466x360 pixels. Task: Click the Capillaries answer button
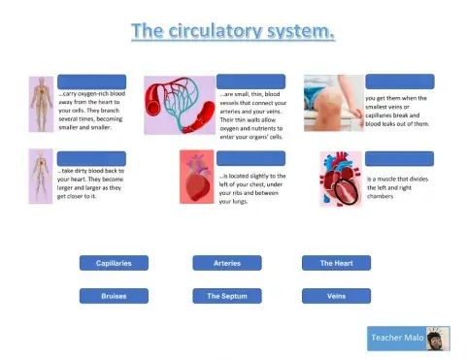coord(114,263)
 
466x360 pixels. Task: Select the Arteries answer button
coord(227,263)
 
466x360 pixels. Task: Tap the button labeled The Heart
coord(336,263)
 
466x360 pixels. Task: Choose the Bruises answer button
coord(114,296)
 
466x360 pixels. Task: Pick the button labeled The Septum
coord(227,296)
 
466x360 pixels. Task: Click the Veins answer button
coord(336,296)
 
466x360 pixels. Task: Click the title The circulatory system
coord(233,32)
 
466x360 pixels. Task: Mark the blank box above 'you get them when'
coord(399,82)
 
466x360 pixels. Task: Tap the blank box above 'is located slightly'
coord(250,158)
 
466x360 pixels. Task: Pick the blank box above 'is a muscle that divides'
coord(399,158)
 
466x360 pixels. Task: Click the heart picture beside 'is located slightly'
coord(197,178)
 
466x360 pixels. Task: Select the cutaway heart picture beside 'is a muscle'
coord(340,179)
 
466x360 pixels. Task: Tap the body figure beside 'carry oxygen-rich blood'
coord(40,104)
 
